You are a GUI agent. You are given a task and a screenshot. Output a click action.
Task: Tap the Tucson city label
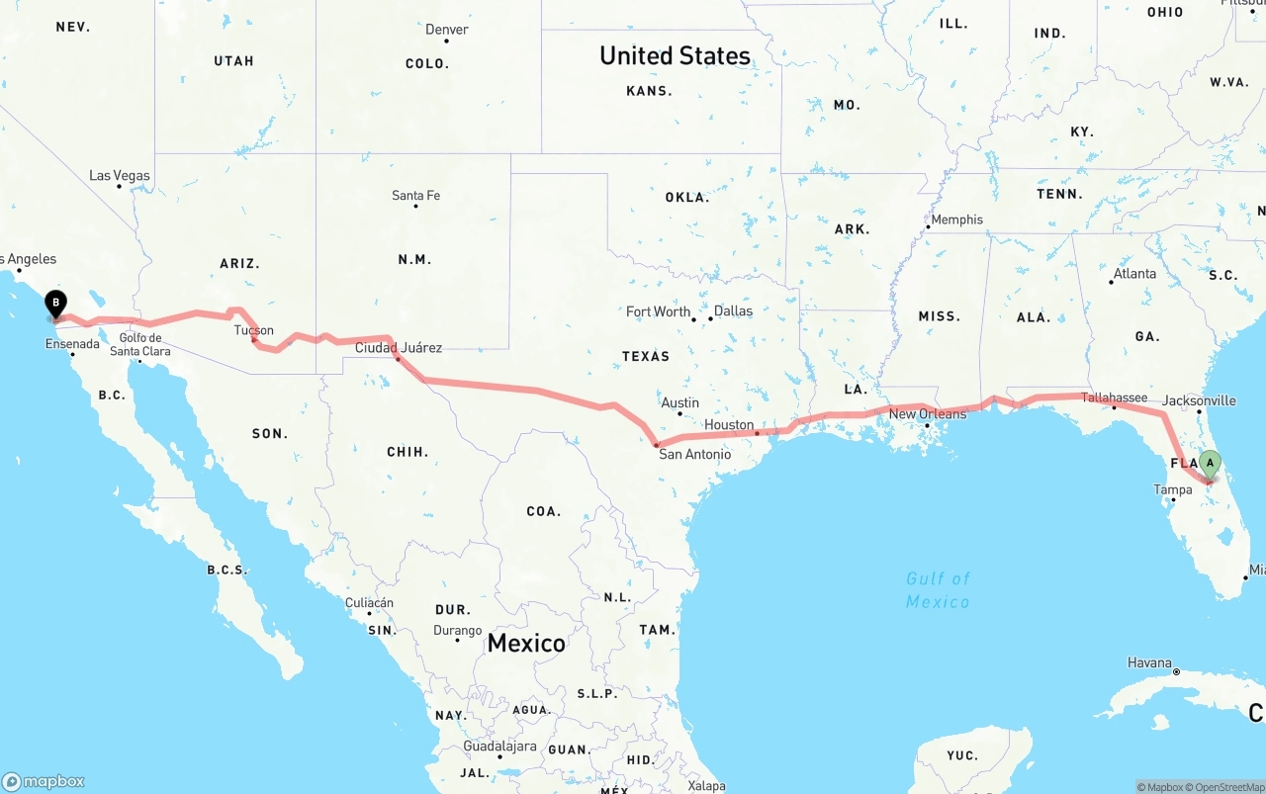(x=254, y=330)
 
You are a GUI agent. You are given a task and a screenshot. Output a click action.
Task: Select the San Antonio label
(x=695, y=454)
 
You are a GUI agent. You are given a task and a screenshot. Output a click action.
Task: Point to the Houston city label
(x=729, y=424)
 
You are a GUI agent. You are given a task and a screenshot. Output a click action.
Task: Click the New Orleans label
(x=928, y=413)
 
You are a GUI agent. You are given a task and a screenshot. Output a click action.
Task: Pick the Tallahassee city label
(x=1114, y=397)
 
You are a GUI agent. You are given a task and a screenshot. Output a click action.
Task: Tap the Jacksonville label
(x=1200, y=400)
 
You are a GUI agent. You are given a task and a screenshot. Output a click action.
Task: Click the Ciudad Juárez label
(x=399, y=347)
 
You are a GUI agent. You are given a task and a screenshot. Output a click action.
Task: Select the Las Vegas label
(x=120, y=176)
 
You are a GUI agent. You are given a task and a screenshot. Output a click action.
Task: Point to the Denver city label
(x=447, y=30)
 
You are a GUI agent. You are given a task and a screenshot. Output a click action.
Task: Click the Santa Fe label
(x=415, y=196)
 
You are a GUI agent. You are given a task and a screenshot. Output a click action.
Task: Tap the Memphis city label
(x=956, y=220)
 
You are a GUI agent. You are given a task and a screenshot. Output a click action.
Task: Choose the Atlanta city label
(x=1134, y=274)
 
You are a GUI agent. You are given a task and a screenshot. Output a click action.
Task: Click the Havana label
(x=1149, y=662)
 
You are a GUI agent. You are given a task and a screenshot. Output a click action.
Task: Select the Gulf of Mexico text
(x=939, y=589)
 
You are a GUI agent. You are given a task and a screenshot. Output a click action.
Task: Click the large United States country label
(x=675, y=55)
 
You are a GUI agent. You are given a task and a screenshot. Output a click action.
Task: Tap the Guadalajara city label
(x=499, y=747)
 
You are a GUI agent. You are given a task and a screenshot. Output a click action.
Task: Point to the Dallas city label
(x=733, y=310)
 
